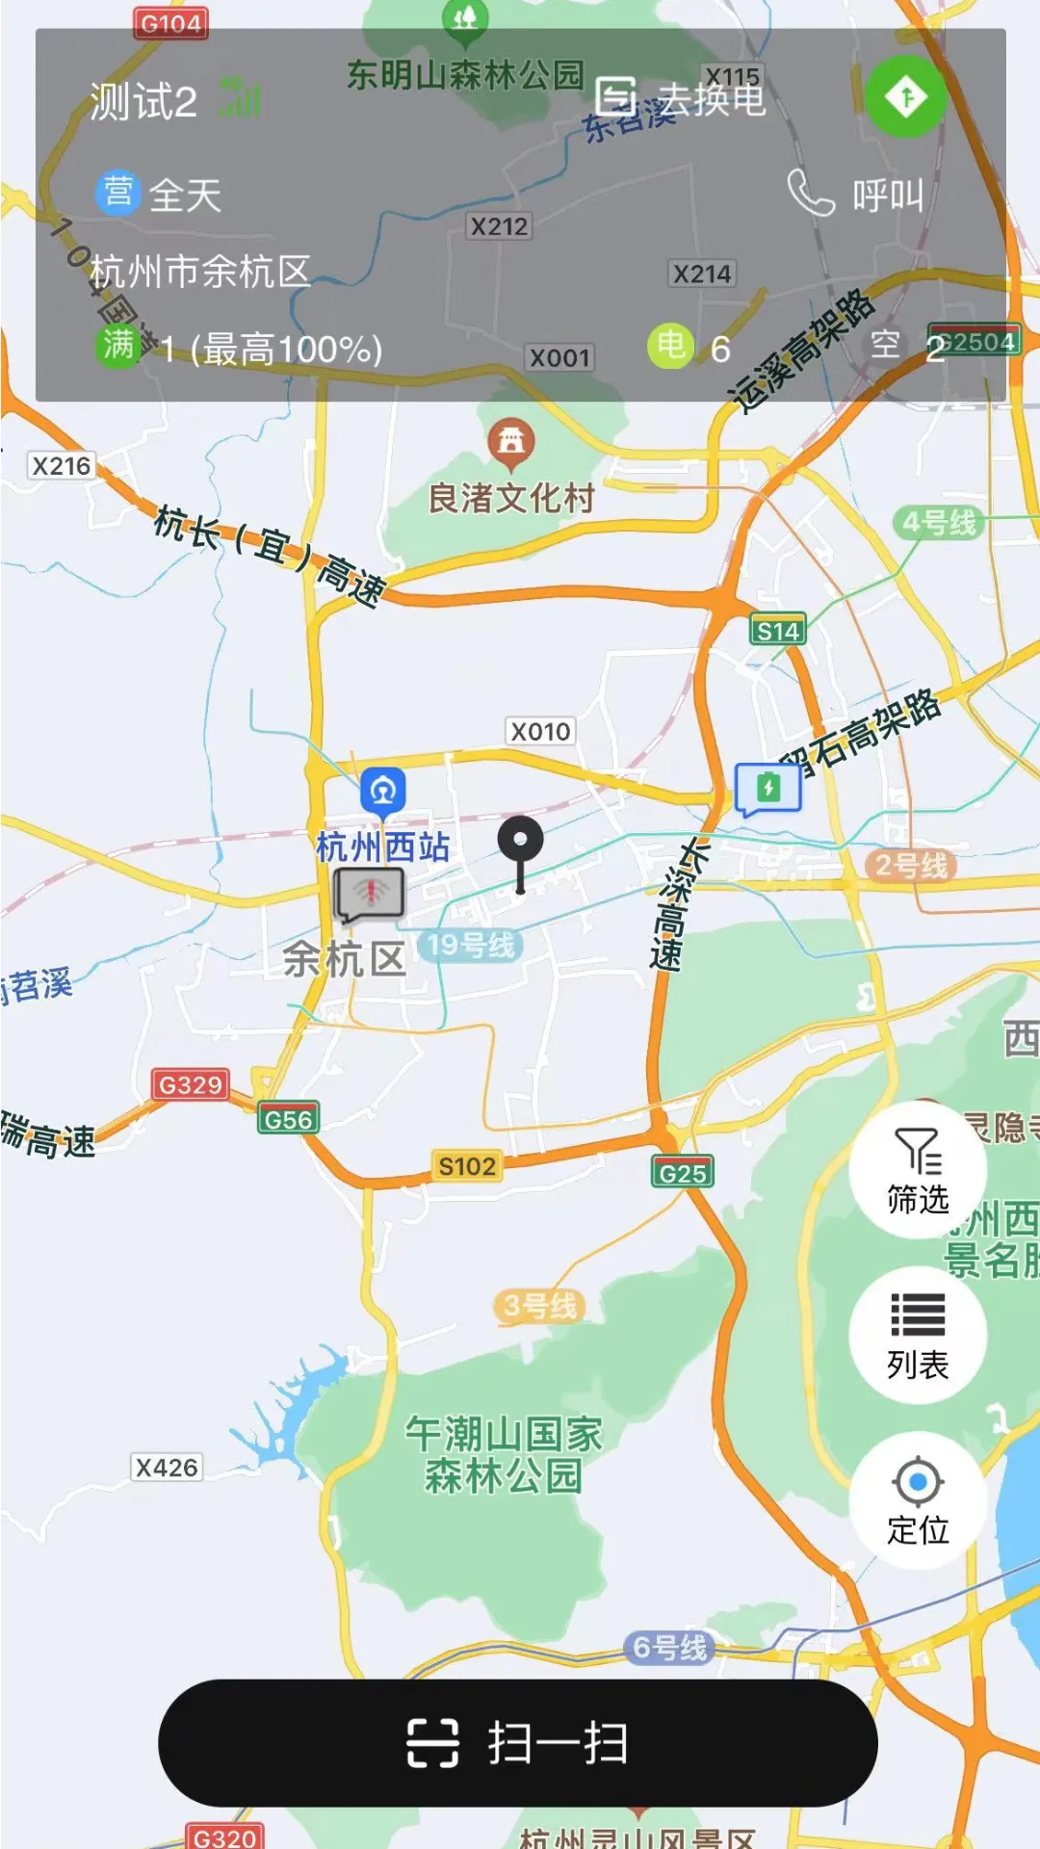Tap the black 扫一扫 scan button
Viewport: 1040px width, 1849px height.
tap(518, 1742)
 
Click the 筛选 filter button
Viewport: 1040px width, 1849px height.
tap(918, 1169)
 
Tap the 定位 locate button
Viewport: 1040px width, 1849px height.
tap(918, 1499)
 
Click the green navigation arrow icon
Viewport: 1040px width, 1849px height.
tap(905, 96)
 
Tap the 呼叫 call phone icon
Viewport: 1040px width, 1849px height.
tap(811, 193)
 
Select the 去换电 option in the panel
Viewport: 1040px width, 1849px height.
tap(681, 97)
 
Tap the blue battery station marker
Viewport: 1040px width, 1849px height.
tap(767, 789)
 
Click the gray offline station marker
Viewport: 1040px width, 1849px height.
tap(370, 894)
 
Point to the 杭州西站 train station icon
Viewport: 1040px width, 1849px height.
tap(383, 791)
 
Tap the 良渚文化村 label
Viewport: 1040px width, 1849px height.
tap(510, 498)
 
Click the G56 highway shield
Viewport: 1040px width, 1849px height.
tap(288, 1119)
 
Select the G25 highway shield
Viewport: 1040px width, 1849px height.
tap(683, 1173)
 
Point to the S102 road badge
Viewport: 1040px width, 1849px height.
tap(467, 1166)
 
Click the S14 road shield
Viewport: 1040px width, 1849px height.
tap(777, 631)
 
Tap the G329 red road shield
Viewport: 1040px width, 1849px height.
tap(191, 1084)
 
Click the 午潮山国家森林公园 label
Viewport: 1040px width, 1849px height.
tap(504, 1454)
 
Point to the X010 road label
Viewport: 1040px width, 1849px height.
tap(540, 732)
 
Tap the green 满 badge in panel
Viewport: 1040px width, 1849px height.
tap(117, 345)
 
